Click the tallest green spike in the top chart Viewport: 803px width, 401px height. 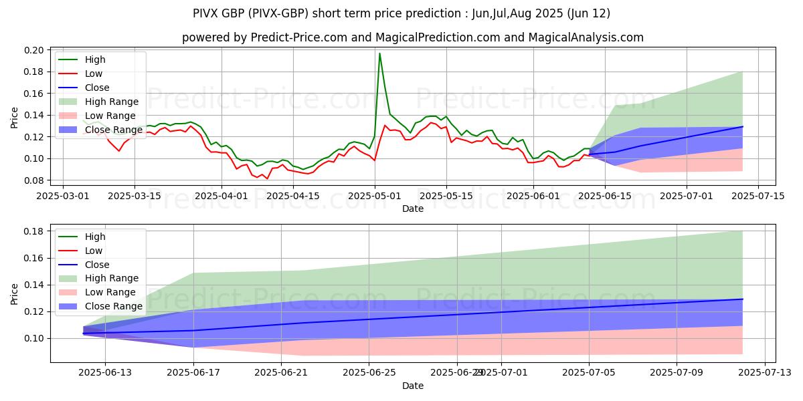[379, 53]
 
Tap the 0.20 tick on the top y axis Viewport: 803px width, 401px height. [35, 50]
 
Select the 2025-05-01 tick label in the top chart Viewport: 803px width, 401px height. [375, 196]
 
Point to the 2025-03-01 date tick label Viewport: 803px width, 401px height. [63, 196]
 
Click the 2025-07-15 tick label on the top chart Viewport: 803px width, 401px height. [757, 196]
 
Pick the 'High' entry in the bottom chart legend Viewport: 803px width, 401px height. [95, 237]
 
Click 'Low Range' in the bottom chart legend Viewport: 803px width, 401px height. [110, 292]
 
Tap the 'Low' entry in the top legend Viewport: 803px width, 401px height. [94, 74]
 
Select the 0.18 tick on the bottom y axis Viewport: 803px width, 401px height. [35, 231]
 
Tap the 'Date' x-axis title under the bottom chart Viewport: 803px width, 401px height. [413, 386]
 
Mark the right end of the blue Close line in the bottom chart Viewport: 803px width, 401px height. [742, 299]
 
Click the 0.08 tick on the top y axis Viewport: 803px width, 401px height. [35, 180]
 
